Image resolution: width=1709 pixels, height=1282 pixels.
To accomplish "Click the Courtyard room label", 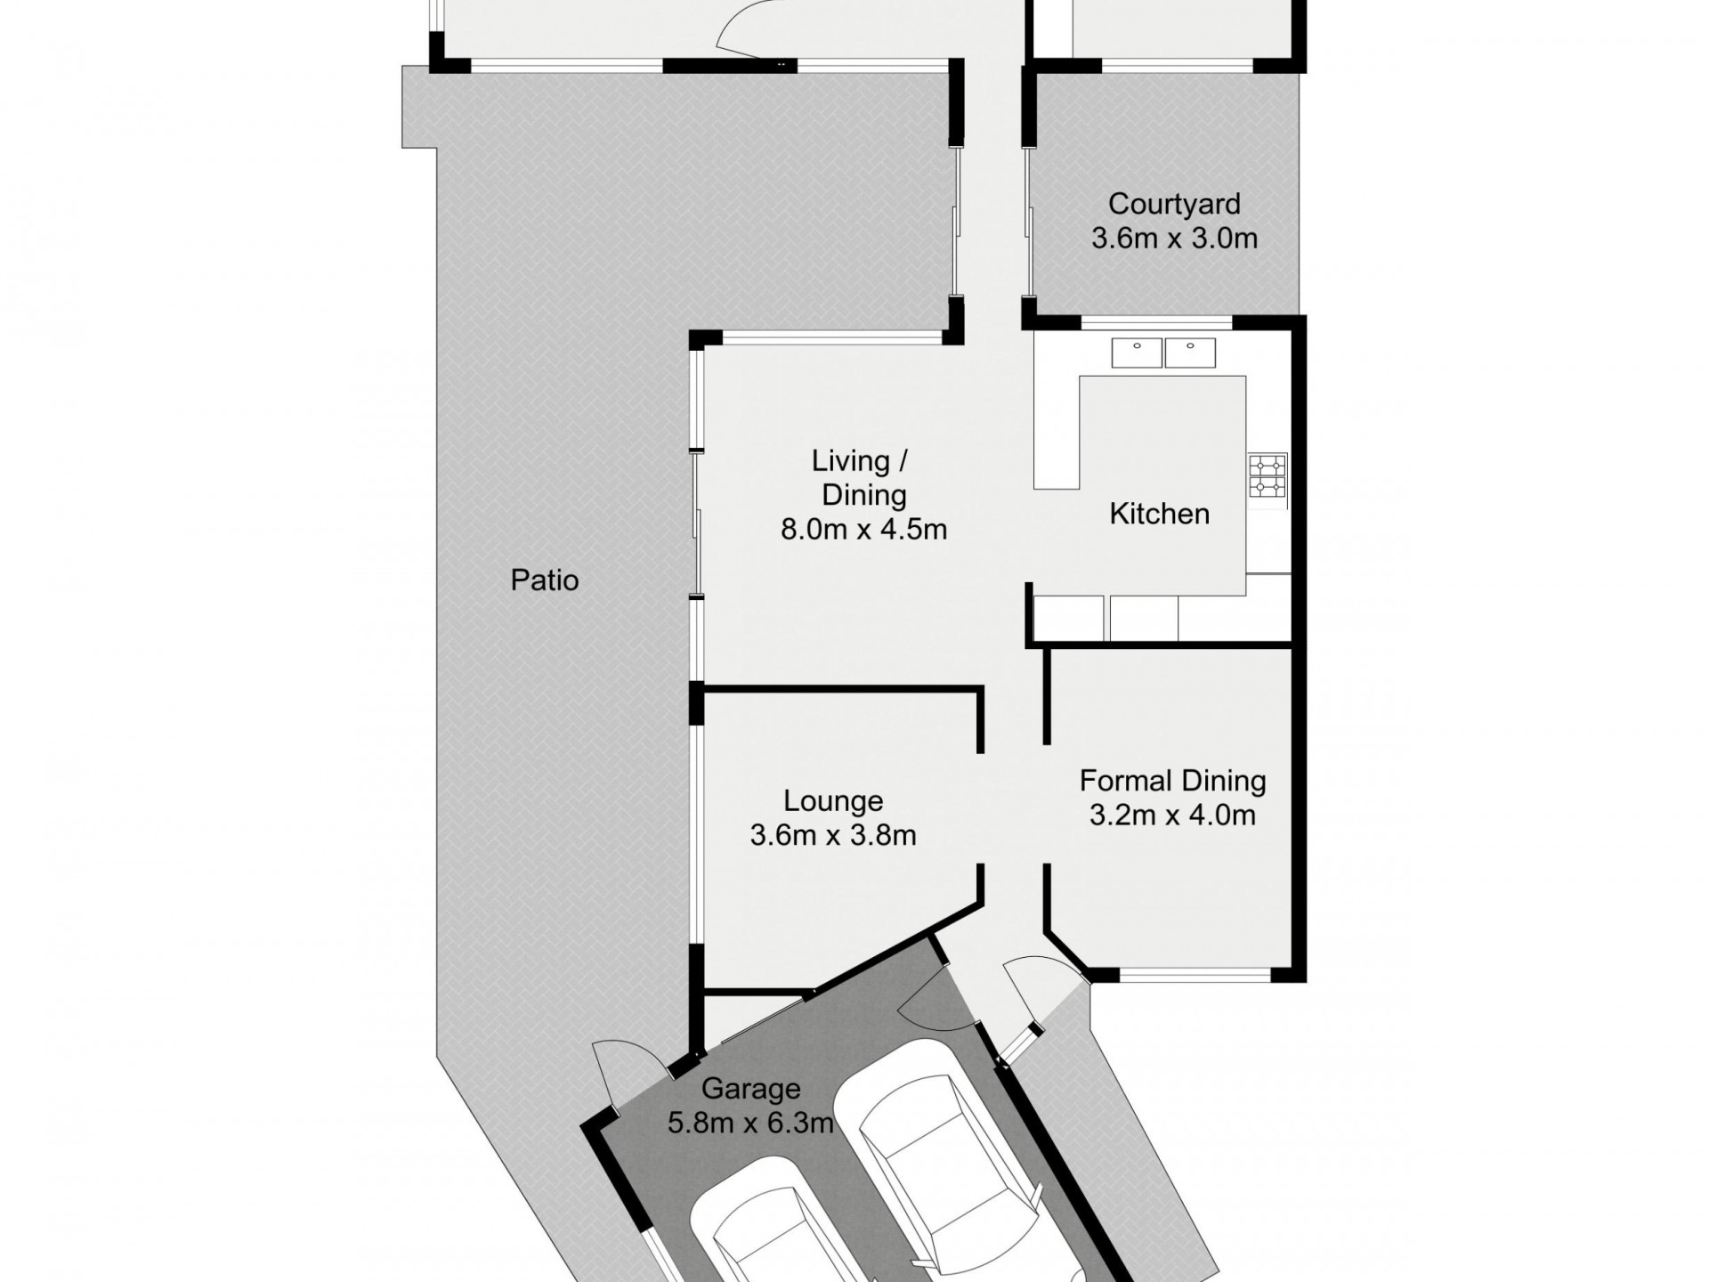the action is coord(1173,205).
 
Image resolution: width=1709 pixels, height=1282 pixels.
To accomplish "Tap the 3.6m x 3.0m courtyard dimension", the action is coord(1173,239).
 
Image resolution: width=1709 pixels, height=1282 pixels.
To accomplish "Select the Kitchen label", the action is coord(1159,514).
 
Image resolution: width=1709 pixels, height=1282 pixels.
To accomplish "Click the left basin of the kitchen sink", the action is coord(1137,353).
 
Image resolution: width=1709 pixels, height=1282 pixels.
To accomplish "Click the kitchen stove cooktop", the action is coord(1268,476).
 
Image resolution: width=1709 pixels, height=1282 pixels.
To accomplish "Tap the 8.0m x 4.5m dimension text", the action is coord(863,530).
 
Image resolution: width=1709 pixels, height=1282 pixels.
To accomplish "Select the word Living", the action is coord(850,461).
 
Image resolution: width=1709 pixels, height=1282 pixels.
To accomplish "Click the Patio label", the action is coord(545,580).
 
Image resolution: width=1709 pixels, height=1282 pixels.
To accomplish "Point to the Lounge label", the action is coord(833,801).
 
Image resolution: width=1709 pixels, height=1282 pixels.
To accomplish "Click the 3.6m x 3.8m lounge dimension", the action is coord(833,835).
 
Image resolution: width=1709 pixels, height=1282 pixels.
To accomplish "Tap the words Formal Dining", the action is coord(1172,782).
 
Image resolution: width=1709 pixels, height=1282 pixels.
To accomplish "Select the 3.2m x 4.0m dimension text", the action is coord(1172,815).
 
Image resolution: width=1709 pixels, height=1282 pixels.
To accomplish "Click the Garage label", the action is coord(750,1089).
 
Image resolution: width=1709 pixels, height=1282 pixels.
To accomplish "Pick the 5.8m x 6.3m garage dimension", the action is coord(750,1124).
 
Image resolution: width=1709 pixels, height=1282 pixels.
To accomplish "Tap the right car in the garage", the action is coord(952,1157).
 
